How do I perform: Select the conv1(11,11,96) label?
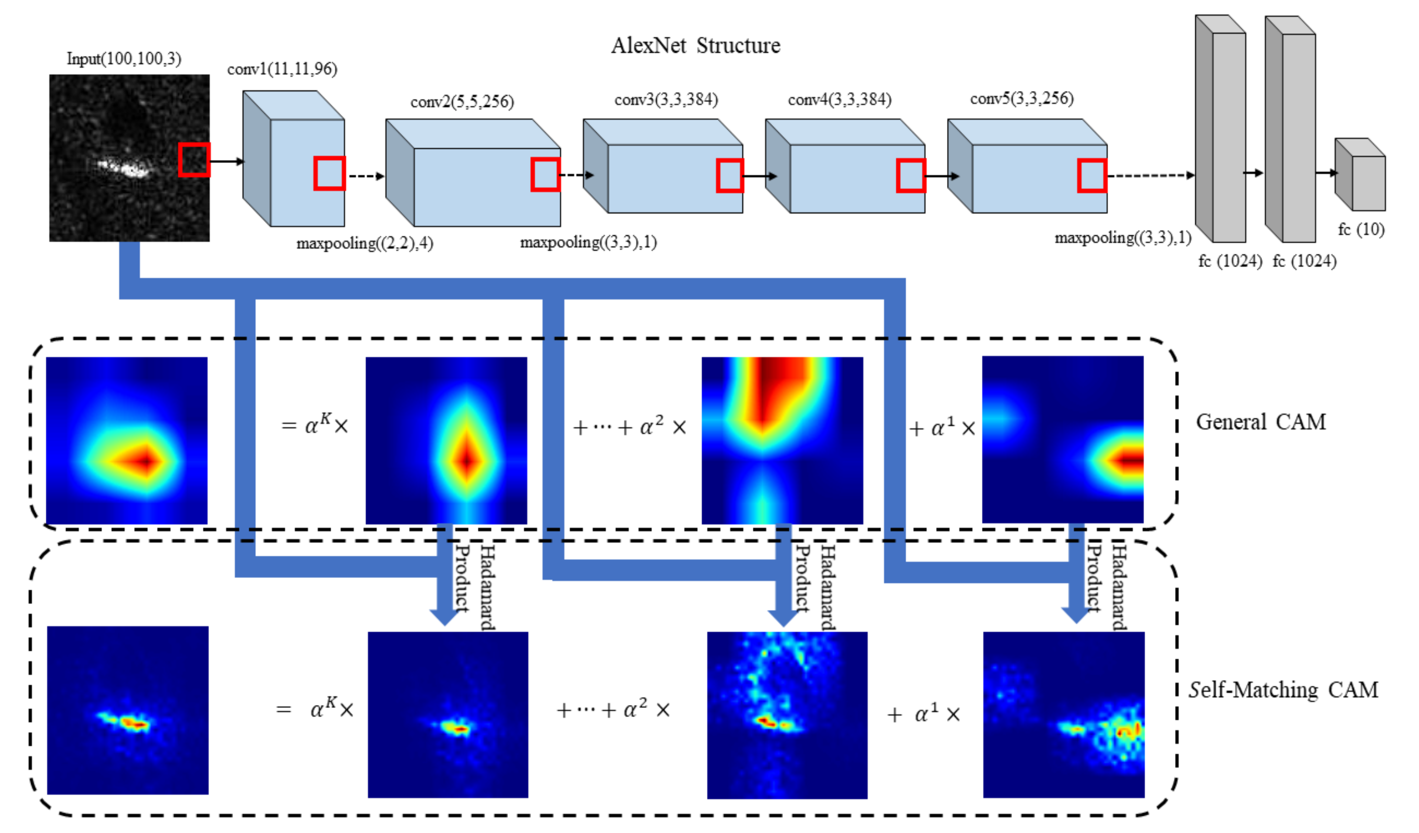(282, 69)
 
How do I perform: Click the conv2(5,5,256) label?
(462, 102)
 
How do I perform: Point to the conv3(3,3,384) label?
(666, 99)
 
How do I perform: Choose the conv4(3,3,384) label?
(840, 99)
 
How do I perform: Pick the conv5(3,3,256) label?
(1021, 98)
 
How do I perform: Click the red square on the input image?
(194, 160)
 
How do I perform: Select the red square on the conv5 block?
(1092, 176)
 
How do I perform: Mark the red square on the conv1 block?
(330, 173)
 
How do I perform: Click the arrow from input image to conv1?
(227, 161)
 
